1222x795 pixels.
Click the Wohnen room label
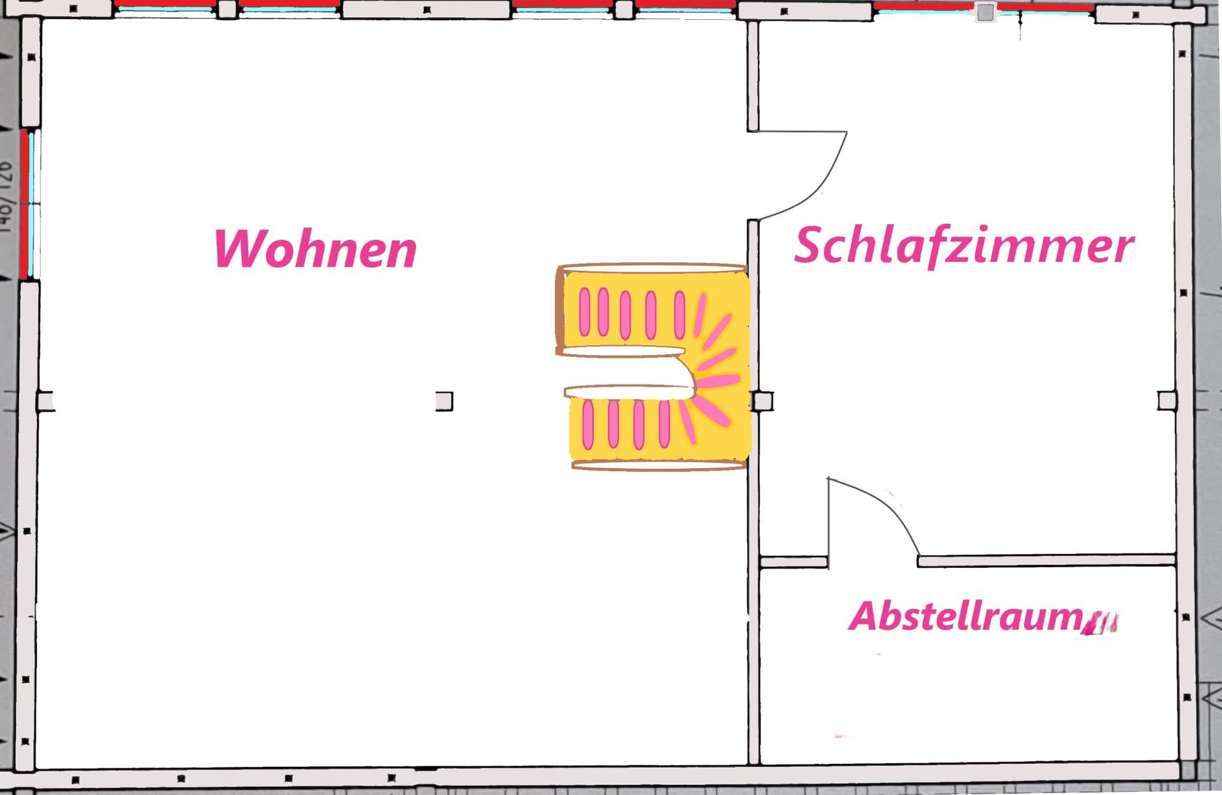tap(315, 249)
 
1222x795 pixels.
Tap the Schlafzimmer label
tap(964, 245)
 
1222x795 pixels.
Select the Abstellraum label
tap(966, 616)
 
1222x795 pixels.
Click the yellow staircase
tap(656, 366)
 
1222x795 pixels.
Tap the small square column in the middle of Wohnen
tap(444, 401)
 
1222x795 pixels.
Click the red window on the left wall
tap(24, 204)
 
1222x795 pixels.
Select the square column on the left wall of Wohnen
tap(45, 401)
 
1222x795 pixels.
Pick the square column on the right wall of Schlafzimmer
tap(1167, 401)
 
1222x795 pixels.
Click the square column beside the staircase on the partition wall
tap(762, 401)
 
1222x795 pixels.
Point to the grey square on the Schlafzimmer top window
tap(985, 12)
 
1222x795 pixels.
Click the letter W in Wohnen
tap(237, 249)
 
